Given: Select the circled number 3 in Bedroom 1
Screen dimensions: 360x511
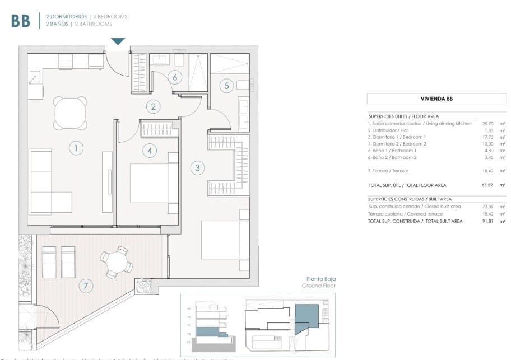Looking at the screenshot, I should pos(197,167).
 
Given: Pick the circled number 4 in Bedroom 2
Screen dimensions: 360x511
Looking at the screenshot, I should pos(148,150).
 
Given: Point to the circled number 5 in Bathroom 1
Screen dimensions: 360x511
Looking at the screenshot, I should pos(226,86).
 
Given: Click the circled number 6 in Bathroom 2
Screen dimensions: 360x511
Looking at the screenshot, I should pos(175,77).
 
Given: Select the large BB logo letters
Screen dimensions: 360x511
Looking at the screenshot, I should pos(21,21).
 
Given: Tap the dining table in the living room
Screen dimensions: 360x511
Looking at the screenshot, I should pos(71,113).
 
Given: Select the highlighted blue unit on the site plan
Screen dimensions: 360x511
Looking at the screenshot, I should pos(307,317).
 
